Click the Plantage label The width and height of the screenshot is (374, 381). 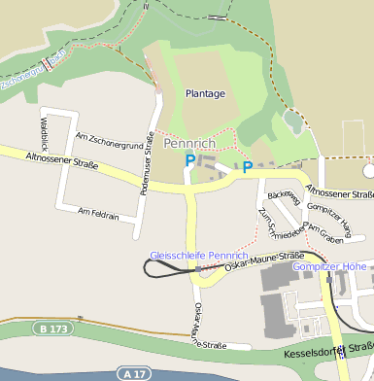pos(205,94)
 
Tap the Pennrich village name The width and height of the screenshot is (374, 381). pos(189,143)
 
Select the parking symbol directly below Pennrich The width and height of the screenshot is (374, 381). pos(190,160)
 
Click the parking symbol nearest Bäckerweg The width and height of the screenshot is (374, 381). pos(248,168)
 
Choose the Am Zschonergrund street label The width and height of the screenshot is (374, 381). pos(109,140)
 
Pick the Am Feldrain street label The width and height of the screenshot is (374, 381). pos(97,213)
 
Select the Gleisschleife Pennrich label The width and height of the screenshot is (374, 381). pos(192,256)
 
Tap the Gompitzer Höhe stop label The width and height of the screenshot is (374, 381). pos(329,266)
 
